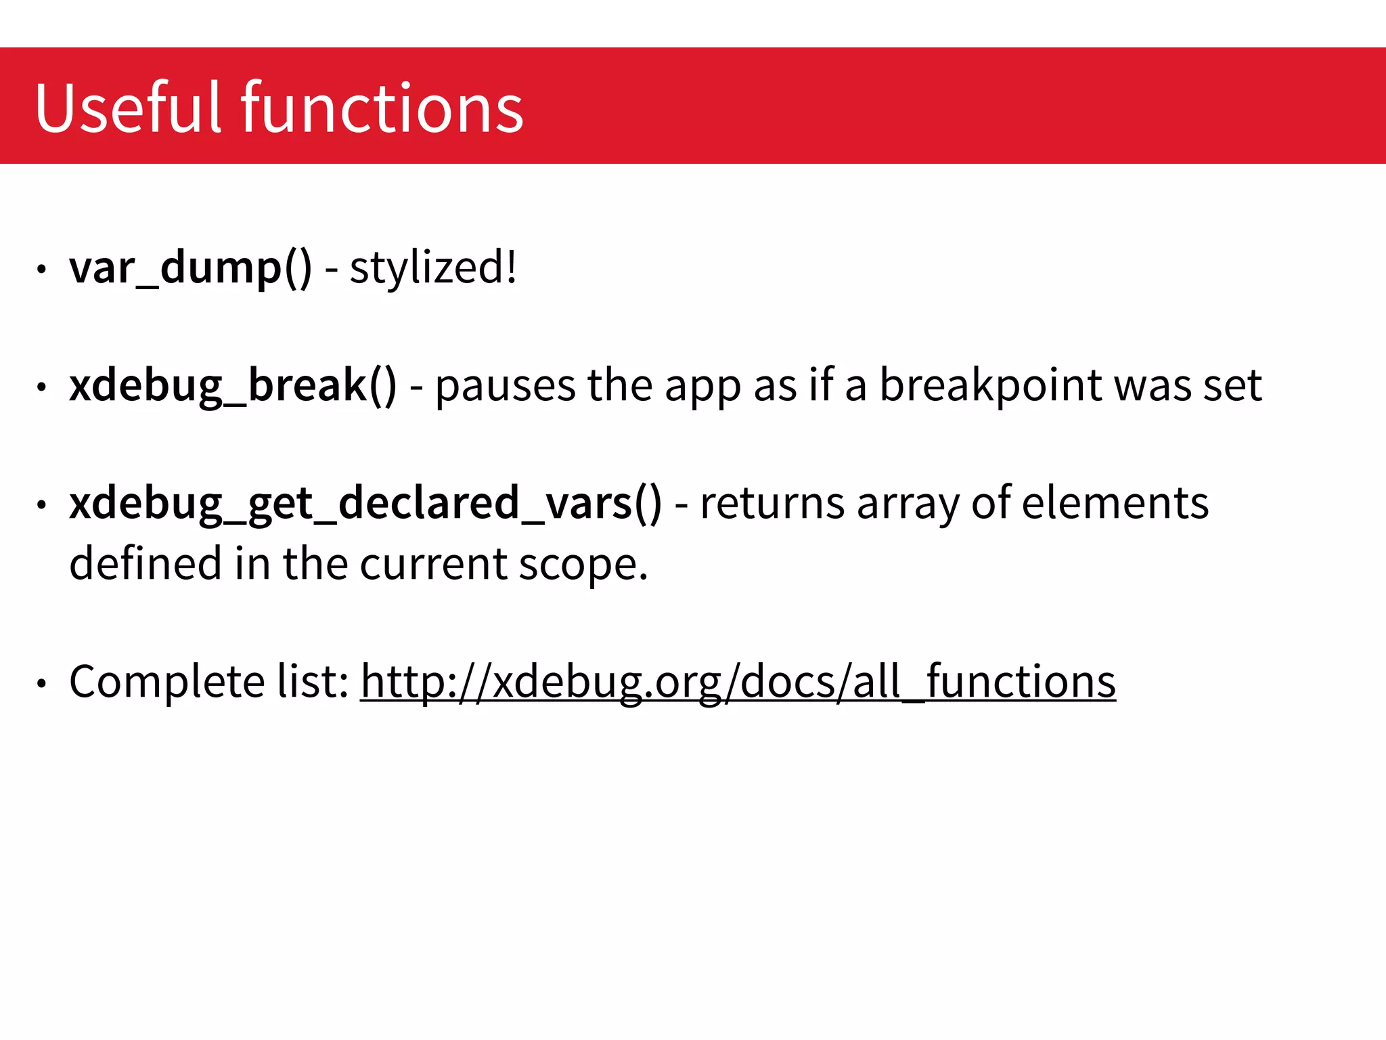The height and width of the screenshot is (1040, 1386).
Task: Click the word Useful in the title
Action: click(128, 108)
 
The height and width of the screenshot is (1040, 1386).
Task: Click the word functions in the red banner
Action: click(382, 108)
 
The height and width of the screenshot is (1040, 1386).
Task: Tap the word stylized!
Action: click(433, 268)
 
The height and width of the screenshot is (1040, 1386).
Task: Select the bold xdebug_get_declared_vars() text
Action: click(365, 504)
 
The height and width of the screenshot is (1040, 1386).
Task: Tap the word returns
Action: click(772, 504)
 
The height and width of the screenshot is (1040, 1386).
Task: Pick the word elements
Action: click(1115, 504)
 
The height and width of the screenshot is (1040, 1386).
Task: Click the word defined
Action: click(146, 563)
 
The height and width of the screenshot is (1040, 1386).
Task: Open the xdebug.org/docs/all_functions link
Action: click(738, 682)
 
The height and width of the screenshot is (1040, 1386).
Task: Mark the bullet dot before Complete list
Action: click(42, 684)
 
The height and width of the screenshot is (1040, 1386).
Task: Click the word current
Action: click(433, 563)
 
